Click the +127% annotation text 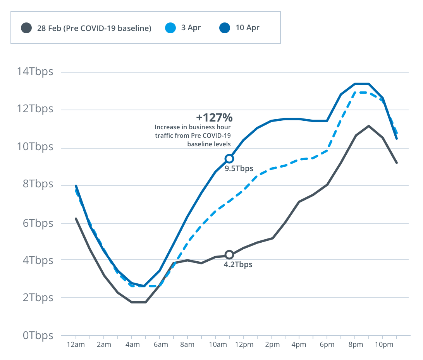pyautogui.click(x=214, y=117)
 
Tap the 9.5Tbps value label pyautogui.click(x=239, y=168)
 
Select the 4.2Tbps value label pyautogui.click(x=238, y=265)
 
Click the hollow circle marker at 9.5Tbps pyautogui.click(x=229, y=159)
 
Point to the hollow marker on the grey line pyautogui.click(x=229, y=255)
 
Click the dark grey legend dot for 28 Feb pyautogui.click(x=26, y=28)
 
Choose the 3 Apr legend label pyautogui.click(x=191, y=28)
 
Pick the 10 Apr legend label pyautogui.click(x=248, y=28)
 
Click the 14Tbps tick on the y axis pyautogui.click(x=34, y=72)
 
